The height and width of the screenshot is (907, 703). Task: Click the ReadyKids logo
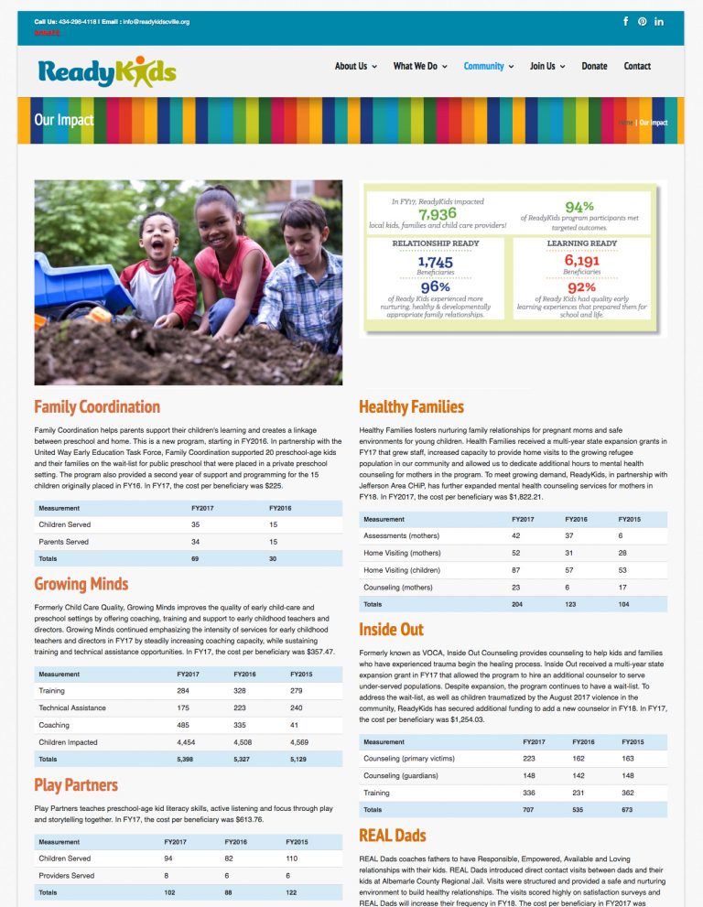coord(107,70)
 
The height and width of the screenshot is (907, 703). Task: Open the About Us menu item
coord(351,66)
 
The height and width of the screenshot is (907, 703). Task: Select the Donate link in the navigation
coord(594,66)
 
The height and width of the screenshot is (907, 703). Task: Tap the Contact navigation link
coord(637,66)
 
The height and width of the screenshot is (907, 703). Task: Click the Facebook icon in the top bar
coord(626,21)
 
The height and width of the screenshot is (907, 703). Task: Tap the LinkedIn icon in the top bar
coord(659,21)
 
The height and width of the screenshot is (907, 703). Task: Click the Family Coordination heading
coord(97,407)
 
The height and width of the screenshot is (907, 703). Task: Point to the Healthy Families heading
coord(411,407)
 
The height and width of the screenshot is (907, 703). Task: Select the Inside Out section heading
coord(391,630)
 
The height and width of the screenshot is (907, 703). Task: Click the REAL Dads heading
coord(392,836)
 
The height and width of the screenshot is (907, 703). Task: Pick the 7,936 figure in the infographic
coord(437,213)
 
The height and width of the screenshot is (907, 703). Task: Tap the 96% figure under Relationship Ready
coord(435,287)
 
